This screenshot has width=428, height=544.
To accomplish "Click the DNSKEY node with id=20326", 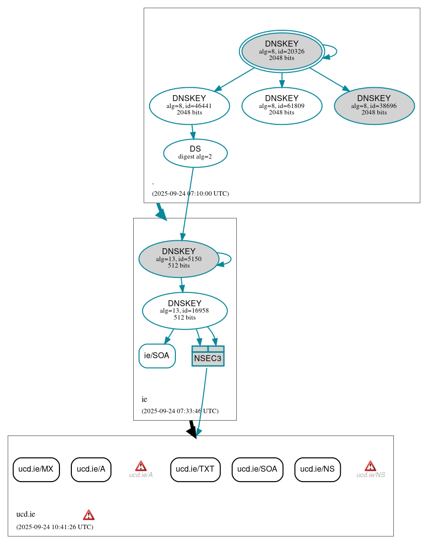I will pos(281,51).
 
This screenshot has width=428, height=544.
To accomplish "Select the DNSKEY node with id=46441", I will pos(189,106).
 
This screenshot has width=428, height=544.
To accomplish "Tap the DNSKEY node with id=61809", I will pos(281,106).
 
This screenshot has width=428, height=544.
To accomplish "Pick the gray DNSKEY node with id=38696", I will pos(374,106).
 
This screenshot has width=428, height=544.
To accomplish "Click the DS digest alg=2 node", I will pos(195,153).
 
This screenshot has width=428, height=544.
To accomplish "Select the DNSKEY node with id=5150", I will pos(179,259).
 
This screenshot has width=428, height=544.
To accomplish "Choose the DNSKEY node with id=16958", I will pos(184,311).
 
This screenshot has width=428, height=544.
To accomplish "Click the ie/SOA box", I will pos(157,356).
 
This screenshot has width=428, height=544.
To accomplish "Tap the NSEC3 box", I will pos(208,356).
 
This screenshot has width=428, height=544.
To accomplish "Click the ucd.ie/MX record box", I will pos(36,469).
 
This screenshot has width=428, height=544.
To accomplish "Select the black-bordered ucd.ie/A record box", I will pos(91,469).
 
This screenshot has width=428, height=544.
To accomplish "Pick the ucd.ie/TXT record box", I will pos(195,469).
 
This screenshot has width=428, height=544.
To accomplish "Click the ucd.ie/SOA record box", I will pos(257,469).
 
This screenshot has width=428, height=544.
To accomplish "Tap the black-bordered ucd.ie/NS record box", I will pos(318,469).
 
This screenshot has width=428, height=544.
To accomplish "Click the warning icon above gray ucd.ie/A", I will pos(141,466).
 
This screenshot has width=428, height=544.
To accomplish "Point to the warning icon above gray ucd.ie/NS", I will pos(370,466).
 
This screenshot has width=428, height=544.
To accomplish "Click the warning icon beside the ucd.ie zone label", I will pos(89,515).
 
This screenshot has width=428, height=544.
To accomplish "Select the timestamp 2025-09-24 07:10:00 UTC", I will pos(190,194).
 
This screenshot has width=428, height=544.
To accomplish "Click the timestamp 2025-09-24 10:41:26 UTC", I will pos(54,527).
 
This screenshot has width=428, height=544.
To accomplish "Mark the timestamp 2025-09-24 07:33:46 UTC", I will pos(180,411).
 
